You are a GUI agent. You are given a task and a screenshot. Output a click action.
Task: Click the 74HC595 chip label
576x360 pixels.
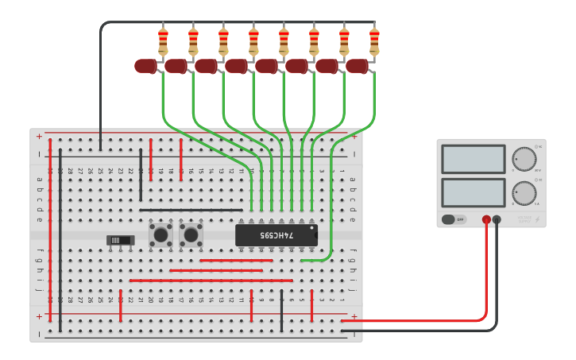(276, 235)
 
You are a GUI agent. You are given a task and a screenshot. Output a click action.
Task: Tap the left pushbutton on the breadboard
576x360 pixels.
(160, 234)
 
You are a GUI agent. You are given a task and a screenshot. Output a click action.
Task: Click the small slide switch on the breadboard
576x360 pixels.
(119, 239)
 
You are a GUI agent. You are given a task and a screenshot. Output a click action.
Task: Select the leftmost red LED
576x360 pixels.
(145, 66)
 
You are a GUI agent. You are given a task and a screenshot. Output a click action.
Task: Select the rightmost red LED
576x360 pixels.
(357, 66)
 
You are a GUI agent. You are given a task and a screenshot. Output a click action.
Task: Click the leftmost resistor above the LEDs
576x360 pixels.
(163, 40)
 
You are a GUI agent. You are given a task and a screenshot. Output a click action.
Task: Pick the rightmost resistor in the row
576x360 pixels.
(374, 40)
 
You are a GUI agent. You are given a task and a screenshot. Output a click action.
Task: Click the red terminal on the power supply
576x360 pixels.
(486, 219)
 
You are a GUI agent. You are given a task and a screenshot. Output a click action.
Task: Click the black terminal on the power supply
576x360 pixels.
(497, 219)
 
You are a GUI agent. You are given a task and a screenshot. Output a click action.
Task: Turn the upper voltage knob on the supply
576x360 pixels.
(524, 158)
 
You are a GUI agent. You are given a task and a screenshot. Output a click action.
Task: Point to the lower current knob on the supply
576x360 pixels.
(524, 192)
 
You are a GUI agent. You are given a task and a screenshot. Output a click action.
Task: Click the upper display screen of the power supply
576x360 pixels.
(473, 158)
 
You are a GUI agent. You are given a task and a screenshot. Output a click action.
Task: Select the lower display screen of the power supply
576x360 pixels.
(473, 192)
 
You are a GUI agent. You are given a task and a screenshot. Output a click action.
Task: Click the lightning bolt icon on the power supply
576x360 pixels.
(538, 220)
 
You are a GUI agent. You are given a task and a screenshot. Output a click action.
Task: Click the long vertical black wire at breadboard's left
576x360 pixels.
(60, 238)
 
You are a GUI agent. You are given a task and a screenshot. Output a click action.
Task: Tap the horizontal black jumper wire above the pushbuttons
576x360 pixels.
(191, 211)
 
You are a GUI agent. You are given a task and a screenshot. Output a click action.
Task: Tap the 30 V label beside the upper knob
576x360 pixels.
(538, 170)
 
